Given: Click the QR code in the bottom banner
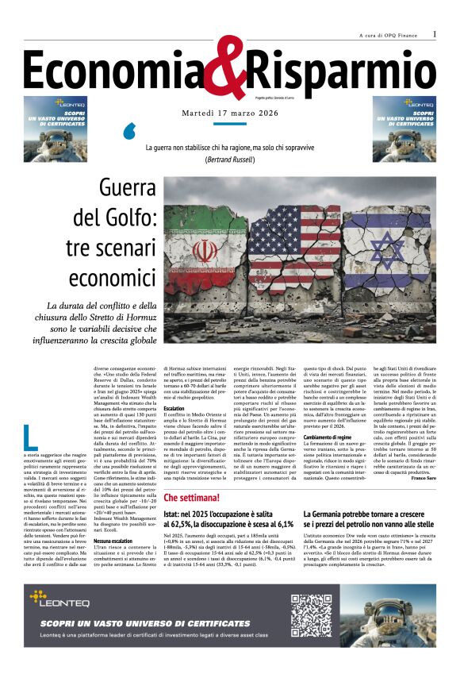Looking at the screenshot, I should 310,616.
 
